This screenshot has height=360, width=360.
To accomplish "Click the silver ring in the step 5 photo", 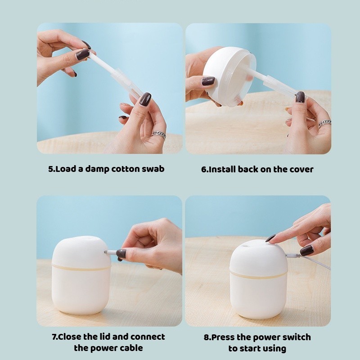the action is coord(159,134).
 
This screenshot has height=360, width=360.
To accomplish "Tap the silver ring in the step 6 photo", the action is coord(324,123).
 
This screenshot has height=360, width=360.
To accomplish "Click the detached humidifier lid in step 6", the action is coord(229,76).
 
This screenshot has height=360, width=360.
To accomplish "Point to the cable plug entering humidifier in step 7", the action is coord(110,252).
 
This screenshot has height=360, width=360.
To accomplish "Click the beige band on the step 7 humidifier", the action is coord(81,268).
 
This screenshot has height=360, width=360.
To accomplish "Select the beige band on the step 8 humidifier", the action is coord(258,275).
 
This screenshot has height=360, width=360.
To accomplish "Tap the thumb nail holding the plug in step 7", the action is coord(121,253).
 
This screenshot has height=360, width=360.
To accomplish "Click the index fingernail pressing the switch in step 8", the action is coord(270,238).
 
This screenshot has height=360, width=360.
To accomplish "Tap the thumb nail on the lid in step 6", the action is coord(208,81).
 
